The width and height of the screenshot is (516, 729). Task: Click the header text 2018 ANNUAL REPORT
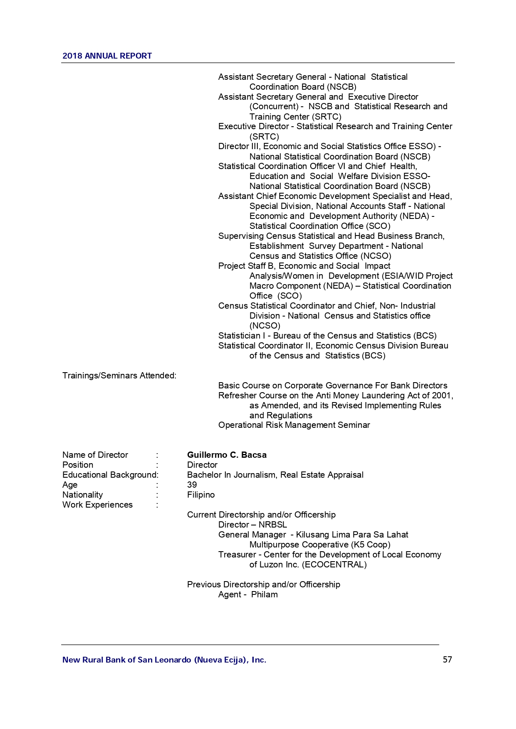107,56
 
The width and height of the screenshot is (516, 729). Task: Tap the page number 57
447,660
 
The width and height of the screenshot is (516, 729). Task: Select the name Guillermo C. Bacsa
227,455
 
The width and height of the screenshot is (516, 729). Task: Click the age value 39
192,485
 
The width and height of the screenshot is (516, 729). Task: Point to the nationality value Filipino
201,495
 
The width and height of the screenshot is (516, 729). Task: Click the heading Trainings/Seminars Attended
119,376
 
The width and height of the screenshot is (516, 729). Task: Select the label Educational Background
110,475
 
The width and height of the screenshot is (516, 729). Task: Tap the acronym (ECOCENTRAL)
334,565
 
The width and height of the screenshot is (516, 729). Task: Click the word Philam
264,594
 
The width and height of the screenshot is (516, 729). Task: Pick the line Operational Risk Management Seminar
294,425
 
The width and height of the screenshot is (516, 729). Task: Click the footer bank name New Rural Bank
164,660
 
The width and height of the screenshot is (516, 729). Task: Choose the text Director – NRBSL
252,525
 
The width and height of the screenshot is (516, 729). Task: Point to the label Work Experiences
97,505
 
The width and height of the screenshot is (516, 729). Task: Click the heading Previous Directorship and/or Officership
263,584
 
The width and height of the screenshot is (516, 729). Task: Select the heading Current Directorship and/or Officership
261,515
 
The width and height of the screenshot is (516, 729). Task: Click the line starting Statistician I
327,336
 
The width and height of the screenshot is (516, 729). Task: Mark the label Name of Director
95,455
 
